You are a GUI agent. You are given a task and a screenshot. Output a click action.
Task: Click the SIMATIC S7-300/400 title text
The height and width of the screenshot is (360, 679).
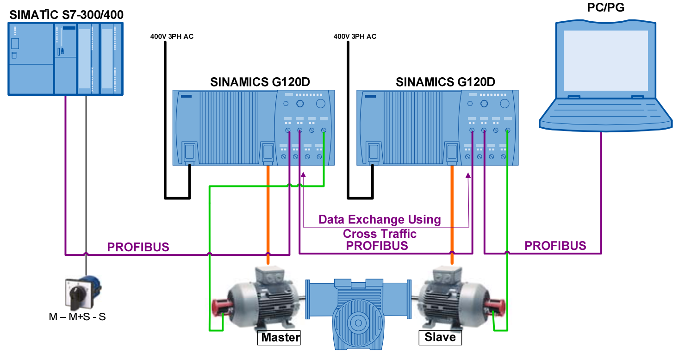pyautogui.click(x=66, y=15)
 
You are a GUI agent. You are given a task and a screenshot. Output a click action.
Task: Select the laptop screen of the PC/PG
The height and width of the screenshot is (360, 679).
pyautogui.click(x=605, y=61)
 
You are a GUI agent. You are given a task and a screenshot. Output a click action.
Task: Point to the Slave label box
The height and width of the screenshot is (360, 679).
pyautogui.click(x=440, y=337)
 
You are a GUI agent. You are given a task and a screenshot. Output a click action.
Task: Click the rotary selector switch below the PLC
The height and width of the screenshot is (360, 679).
pyautogui.click(x=82, y=292)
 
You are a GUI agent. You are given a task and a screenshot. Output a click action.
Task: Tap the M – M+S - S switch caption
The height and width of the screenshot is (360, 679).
pyautogui.click(x=77, y=317)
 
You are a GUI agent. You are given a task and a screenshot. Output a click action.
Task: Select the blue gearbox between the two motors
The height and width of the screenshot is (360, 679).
pyautogui.click(x=357, y=315)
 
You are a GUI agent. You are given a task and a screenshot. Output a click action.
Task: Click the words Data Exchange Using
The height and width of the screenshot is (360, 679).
pyautogui.click(x=380, y=219)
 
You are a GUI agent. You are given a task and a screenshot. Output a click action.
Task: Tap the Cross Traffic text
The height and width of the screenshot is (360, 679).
pyautogui.click(x=380, y=234)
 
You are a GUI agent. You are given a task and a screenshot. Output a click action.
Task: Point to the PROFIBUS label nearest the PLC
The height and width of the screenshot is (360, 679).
pyautogui.click(x=138, y=248)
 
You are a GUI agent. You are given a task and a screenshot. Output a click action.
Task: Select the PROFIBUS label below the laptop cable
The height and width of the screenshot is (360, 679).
pyautogui.click(x=555, y=246)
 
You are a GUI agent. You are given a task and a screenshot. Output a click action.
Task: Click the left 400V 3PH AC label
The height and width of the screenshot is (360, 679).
pyautogui.click(x=172, y=37)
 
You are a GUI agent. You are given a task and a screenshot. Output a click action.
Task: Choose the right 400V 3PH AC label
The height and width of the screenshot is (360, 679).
pyautogui.click(x=355, y=37)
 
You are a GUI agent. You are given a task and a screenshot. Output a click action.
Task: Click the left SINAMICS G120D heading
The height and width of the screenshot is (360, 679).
pyautogui.click(x=260, y=82)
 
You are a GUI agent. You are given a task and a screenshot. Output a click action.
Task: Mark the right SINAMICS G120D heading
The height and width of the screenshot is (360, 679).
pyautogui.click(x=445, y=82)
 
